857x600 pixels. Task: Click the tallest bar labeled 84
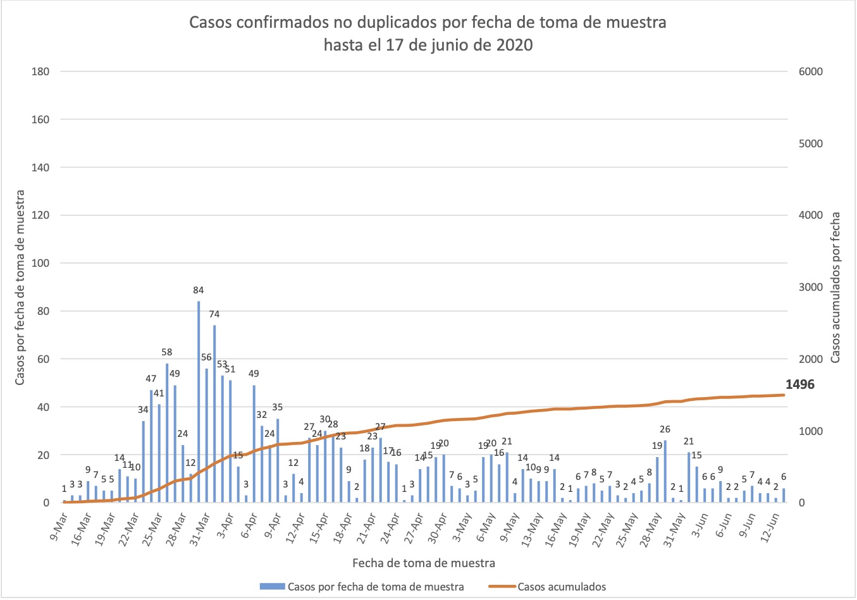pos(199,402)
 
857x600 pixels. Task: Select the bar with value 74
pos(214,414)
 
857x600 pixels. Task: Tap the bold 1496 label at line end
pos(799,384)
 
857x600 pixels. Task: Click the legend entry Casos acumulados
pos(561,587)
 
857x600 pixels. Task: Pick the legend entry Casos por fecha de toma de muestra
pos(375,587)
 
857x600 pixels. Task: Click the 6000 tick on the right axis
pos(810,71)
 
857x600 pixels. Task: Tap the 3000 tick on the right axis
pos(810,287)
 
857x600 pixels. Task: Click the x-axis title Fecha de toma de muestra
pos(424,563)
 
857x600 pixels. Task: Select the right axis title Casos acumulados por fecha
pos(835,287)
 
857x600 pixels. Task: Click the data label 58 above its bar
pos(167,352)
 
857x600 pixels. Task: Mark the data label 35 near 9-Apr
pos(277,408)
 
